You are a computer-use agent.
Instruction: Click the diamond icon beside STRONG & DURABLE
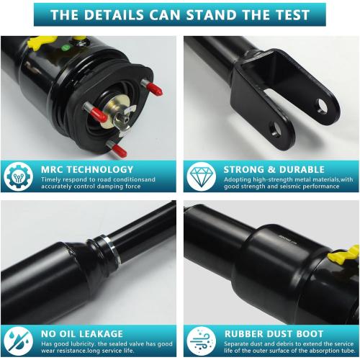(199, 176)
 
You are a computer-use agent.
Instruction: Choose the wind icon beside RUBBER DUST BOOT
(199, 341)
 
